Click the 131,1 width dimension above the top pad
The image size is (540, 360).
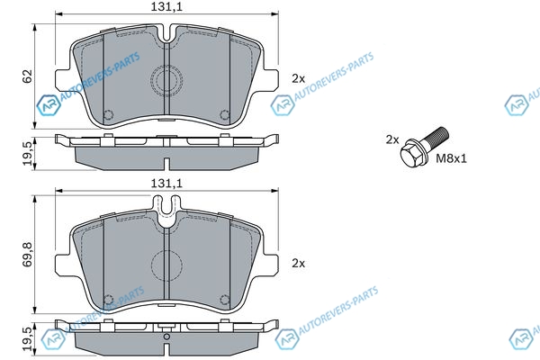pyautogui.click(x=166, y=6)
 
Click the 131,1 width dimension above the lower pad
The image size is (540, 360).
pyautogui.click(x=166, y=184)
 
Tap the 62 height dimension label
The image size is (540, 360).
pyautogui.click(x=27, y=76)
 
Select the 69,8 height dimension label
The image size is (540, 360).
pyautogui.click(x=27, y=254)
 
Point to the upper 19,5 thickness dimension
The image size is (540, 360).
pyautogui.click(x=28, y=153)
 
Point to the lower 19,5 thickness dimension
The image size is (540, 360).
pyautogui.click(x=28, y=338)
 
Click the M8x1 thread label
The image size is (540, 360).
pyautogui.click(x=451, y=158)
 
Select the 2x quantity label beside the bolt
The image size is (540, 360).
pyautogui.click(x=392, y=139)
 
